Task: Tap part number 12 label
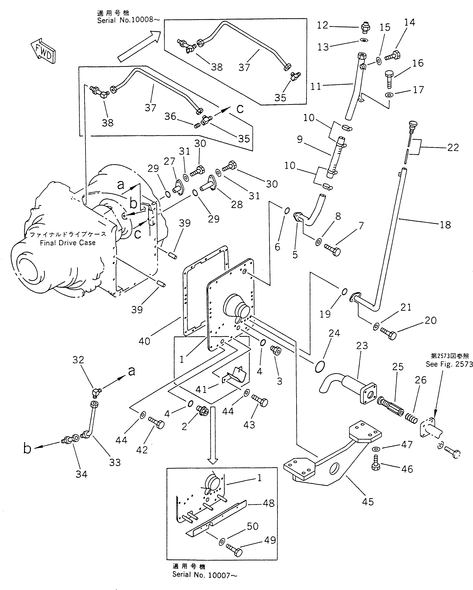(x=323, y=25)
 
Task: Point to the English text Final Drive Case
(x=68, y=243)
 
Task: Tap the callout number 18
(x=445, y=225)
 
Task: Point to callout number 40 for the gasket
(x=144, y=341)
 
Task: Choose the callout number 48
(x=269, y=503)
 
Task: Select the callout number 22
(x=453, y=148)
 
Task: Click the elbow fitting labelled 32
(x=96, y=393)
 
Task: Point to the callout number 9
(x=300, y=139)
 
